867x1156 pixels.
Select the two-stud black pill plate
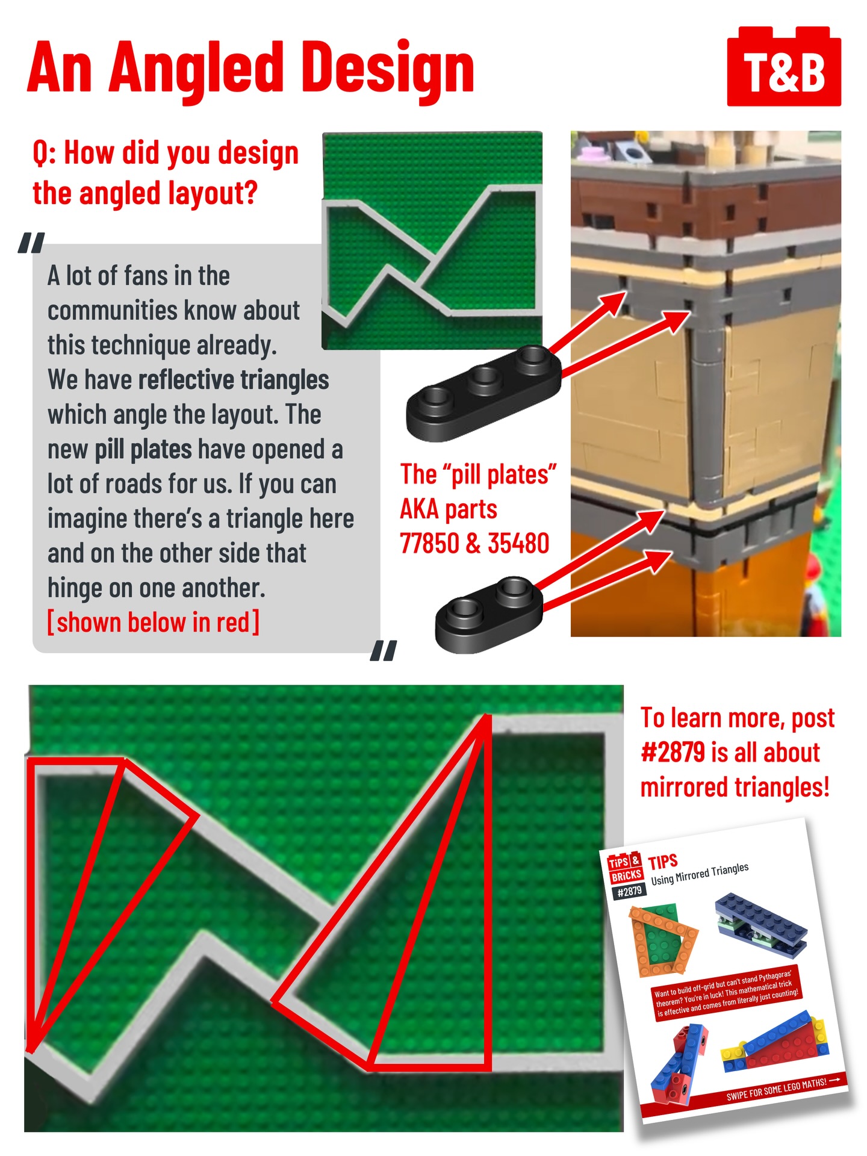[x=489, y=614]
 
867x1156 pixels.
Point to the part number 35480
[x=518, y=543]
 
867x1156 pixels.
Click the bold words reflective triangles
[x=234, y=381]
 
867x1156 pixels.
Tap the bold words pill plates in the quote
[x=143, y=450]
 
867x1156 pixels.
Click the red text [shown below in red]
[x=154, y=623]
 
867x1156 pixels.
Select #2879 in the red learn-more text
[x=673, y=753]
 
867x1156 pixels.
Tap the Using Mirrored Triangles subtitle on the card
[x=700, y=874]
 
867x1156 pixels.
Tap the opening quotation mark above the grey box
[x=31, y=243]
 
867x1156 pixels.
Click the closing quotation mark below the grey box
[x=384, y=650]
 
